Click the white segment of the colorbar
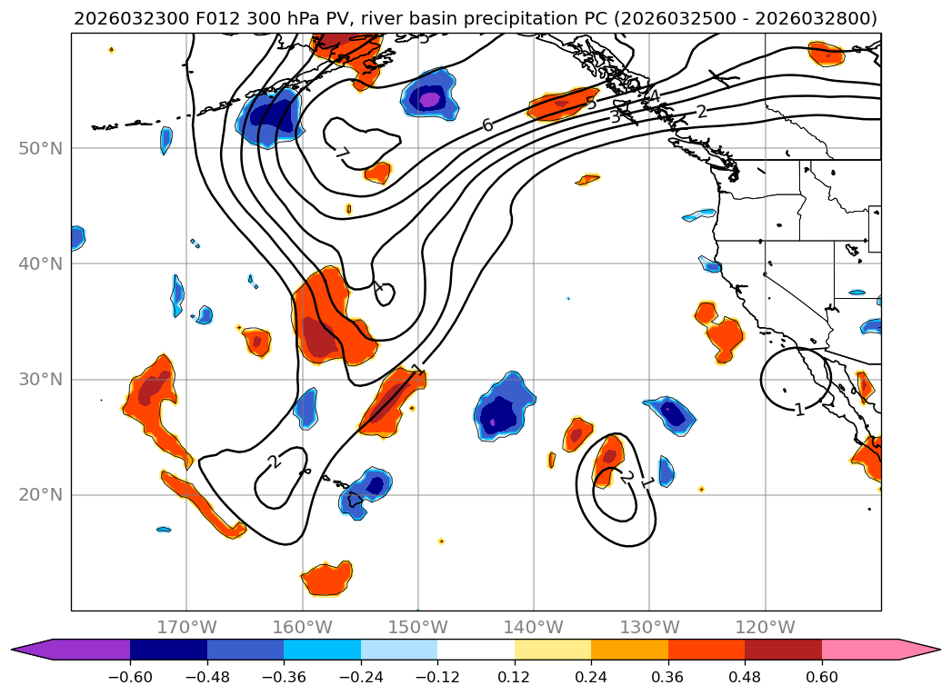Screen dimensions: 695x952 pyautogui.click(x=476, y=649)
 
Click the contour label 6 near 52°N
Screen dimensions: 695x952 pyautogui.click(x=487, y=124)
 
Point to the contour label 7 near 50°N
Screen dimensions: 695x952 pyautogui.click(x=343, y=153)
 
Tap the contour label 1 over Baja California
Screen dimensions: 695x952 pyautogui.click(x=799, y=410)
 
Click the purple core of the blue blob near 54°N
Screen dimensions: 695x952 pyautogui.click(x=428, y=98)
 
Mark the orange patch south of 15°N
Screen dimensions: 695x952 pyautogui.click(x=326, y=578)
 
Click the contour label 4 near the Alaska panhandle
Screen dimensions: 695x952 pyautogui.click(x=653, y=95)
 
